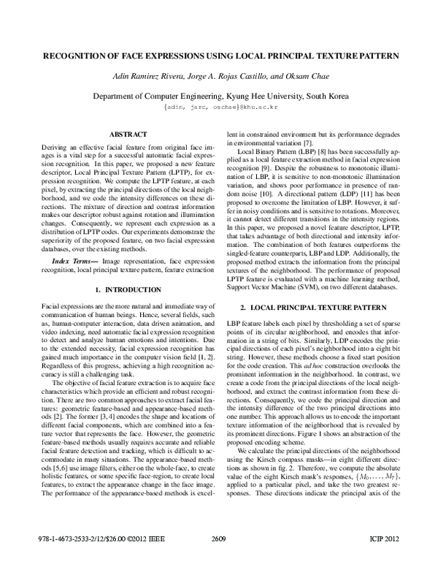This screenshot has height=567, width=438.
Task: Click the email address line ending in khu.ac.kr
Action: click(x=218, y=107)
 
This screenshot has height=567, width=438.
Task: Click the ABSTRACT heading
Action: click(x=128, y=135)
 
